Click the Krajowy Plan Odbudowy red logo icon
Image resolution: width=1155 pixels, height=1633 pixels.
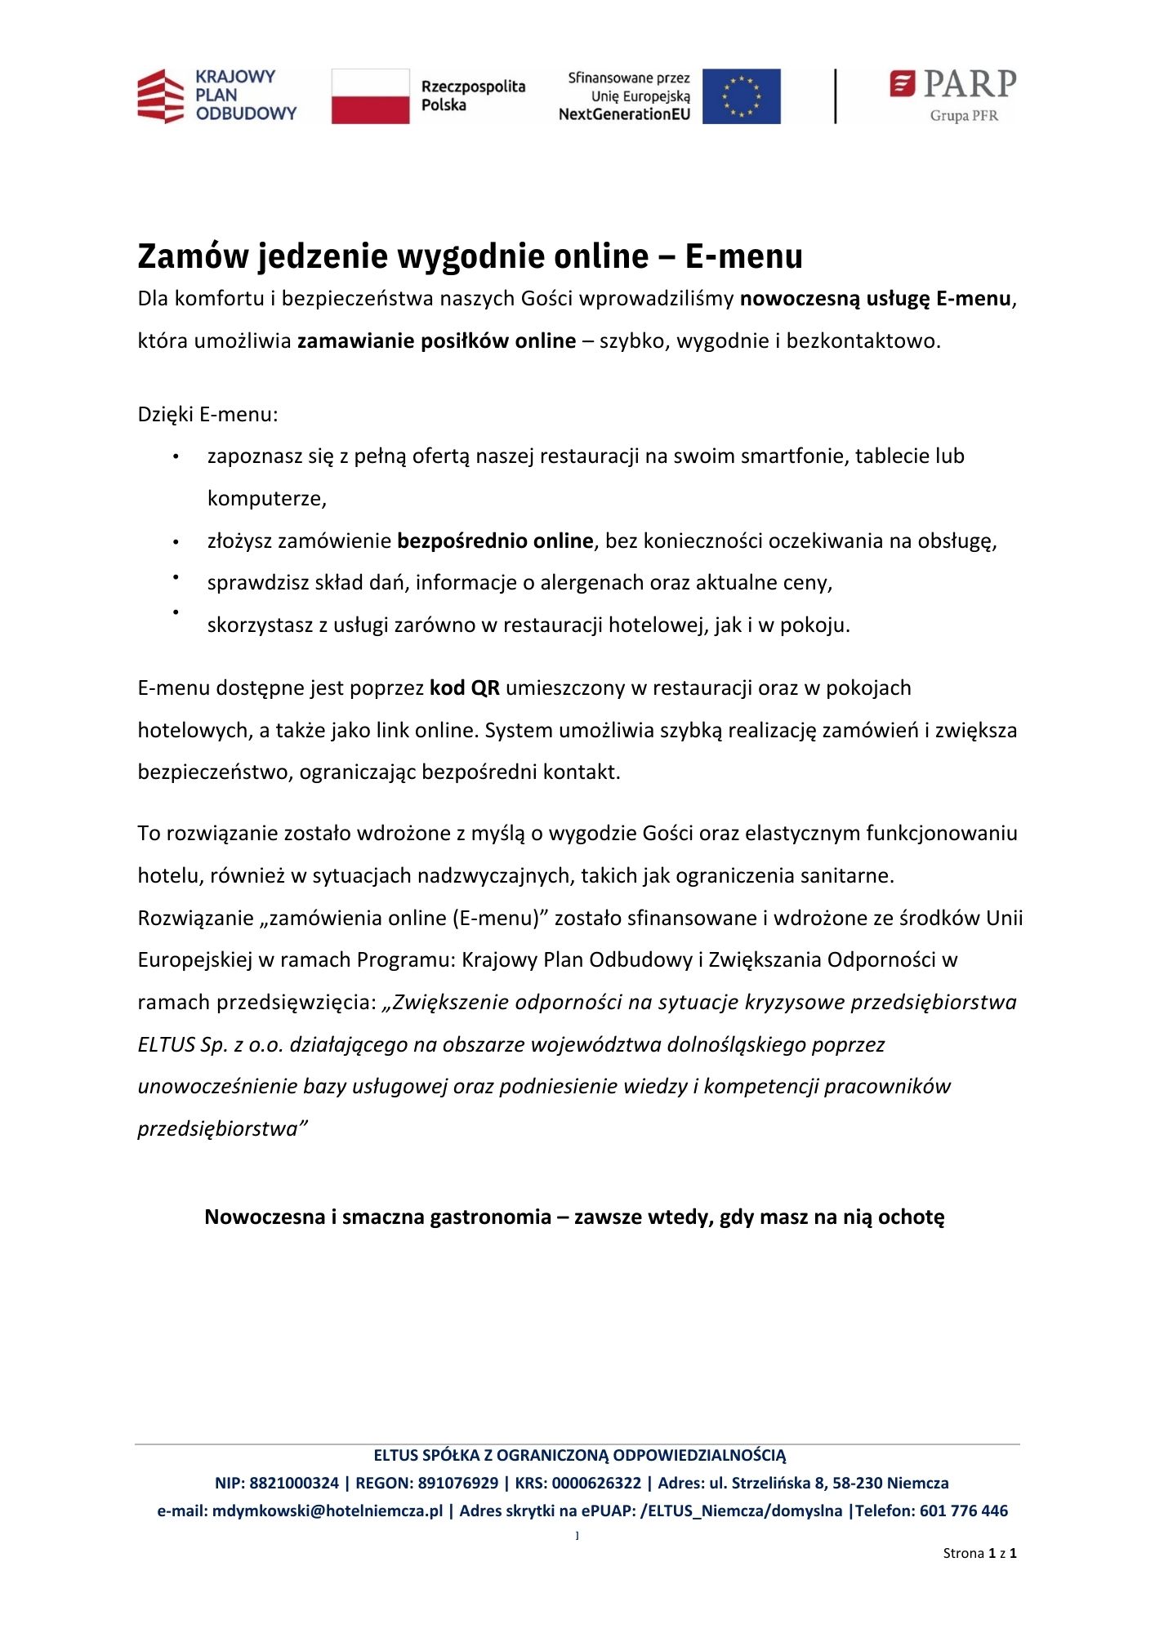(x=162, y=96)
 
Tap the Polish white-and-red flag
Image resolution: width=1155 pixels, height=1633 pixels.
(x=370, y=96)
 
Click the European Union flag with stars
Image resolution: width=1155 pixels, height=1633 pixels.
(x=741, y=96)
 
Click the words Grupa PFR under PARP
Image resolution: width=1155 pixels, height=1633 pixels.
(x=963, y=116)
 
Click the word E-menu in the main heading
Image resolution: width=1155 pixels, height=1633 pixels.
(x=743, y=256)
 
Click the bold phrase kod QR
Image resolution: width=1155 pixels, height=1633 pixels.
(x=464, y=688)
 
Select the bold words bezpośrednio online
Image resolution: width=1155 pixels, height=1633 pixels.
(x=495, y=541)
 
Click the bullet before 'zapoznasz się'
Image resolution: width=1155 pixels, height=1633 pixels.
(x=176, y=457)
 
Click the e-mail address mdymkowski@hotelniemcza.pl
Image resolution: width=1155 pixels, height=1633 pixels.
(x=327, y=1511)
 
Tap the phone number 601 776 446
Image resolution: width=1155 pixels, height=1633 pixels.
(x=964, y=1511)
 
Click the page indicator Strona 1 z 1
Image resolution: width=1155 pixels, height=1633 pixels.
(x=979, y=1553)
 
